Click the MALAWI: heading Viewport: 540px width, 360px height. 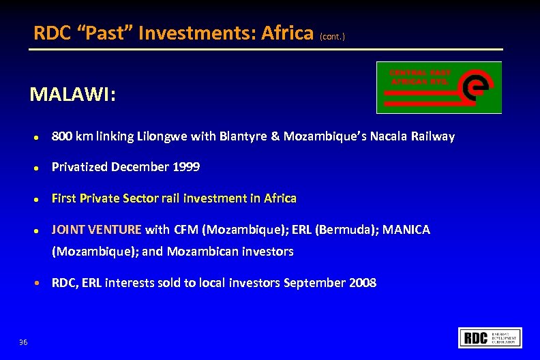click(72, 94)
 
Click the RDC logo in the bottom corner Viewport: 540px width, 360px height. click(491, 337)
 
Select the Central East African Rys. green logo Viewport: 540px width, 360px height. click(439, 87)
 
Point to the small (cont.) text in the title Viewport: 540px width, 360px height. click(333, 36)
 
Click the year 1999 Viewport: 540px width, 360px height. click(186, 167)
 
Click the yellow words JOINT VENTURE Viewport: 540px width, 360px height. click(97, 230)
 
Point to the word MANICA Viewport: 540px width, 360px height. click(406, 230)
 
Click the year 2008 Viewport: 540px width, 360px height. click(361, 283)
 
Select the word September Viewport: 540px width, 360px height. click(314, 283)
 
